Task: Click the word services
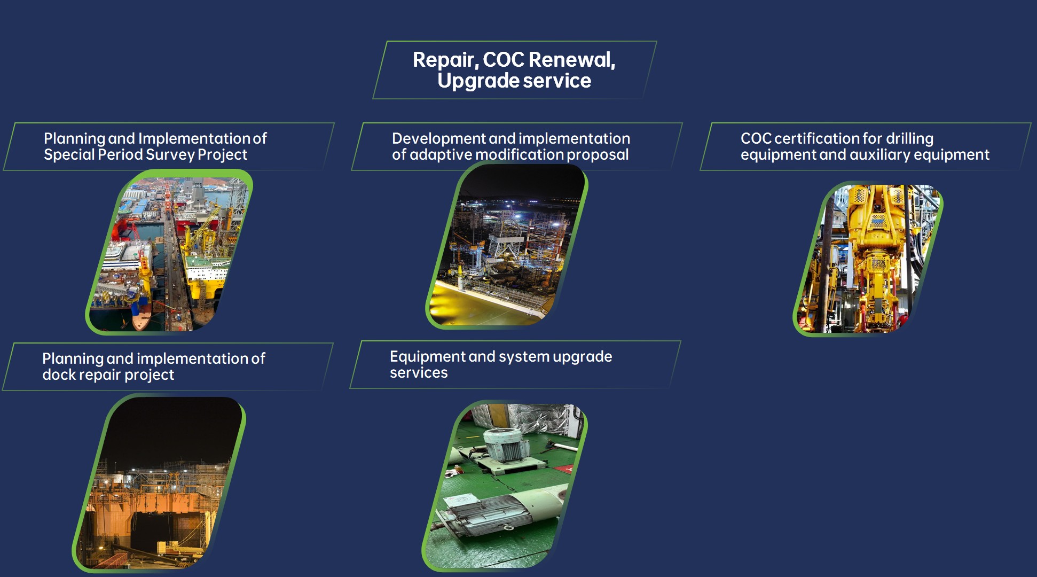click(x=419, y=373)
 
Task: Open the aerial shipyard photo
click(x=169, y=253)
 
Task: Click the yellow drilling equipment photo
click(x=868, y=259)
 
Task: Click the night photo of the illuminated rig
click(x=507, y=246)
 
